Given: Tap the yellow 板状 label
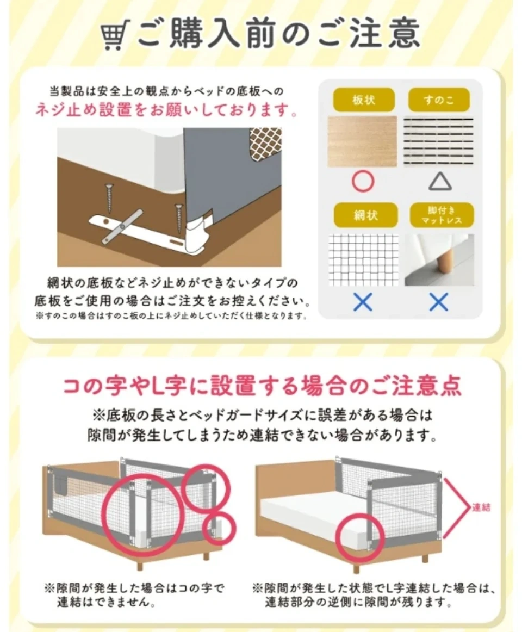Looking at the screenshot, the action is pos(364,100).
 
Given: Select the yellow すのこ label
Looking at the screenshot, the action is pos(439,100).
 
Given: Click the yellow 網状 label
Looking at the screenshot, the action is pos(365,215).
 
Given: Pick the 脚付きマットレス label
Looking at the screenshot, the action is pos(442,215).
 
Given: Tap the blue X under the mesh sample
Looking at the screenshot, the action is pos(363,302).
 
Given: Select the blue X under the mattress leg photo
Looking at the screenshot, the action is pos(439,302).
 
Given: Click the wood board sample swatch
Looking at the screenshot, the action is pos(362,141).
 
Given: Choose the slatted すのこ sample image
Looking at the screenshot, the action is pos(439,141).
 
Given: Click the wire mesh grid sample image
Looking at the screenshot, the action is pos(363,260).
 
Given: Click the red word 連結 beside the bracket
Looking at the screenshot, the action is pos(481,507).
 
